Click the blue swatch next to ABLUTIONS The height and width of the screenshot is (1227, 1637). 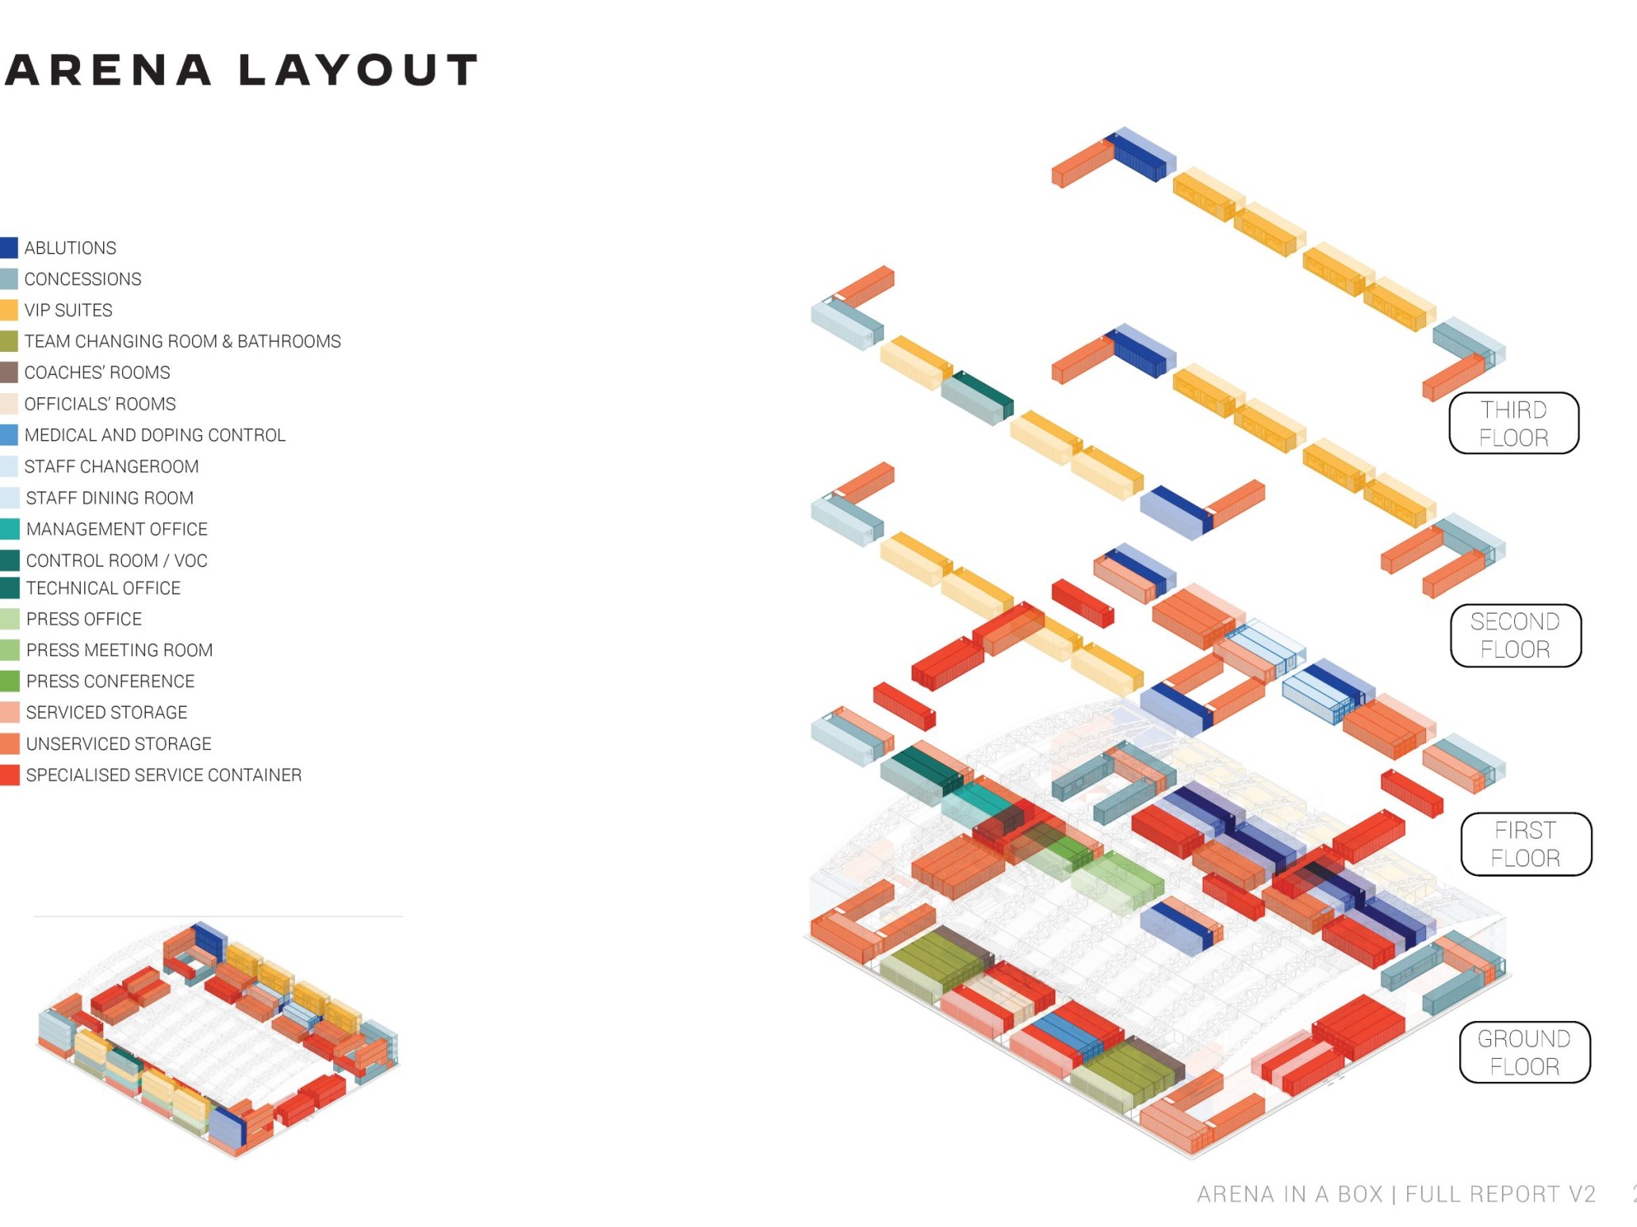point(9,247)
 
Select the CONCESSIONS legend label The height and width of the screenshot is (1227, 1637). point(82,279)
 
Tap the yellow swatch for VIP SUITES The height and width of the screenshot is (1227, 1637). point(9,310)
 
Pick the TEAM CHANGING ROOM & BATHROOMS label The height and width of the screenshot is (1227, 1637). point(182,342)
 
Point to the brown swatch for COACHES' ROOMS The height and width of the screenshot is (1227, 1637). point(9,373)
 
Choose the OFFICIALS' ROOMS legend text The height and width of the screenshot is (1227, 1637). point(100,404)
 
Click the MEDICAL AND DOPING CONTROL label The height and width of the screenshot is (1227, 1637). point(155,435)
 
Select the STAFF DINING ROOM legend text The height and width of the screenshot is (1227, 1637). point(109,498)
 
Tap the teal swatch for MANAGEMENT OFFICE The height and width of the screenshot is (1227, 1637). point(9,529)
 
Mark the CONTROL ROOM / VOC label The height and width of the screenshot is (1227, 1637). point(117,560)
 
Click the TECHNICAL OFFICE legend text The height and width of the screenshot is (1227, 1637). point(103,588)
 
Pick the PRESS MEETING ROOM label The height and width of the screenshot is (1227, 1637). point(119,650)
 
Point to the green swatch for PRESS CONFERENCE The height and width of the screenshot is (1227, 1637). point(9,681)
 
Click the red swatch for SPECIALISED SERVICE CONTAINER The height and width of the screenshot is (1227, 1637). point(9,774)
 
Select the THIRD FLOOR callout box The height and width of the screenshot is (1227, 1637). point(1513,423)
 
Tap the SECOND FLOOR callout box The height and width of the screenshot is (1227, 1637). point(1515,635)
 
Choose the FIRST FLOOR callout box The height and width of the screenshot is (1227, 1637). point(1525,844)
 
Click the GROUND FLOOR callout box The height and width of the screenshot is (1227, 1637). point(1524,1052)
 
